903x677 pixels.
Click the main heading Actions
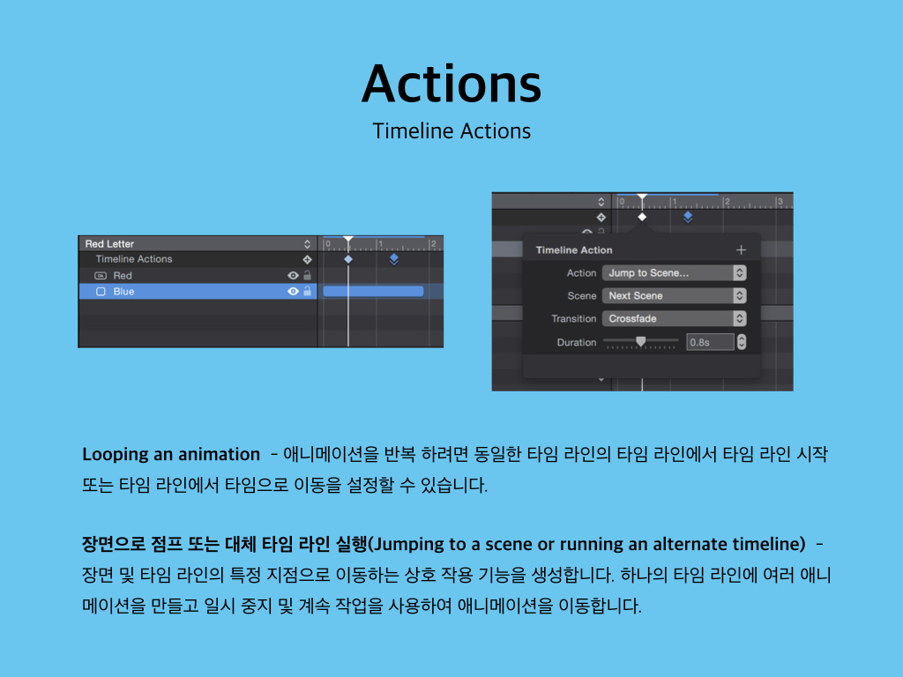[451, 84]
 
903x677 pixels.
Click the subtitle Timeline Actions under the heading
[451, 131]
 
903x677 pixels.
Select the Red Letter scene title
[109, 243]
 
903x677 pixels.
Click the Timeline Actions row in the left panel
[134, 259]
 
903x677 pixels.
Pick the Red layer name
[123, 276]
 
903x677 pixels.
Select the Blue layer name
[123, 291]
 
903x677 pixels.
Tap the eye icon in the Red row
[293, 276]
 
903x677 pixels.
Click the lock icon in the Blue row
[308, 291]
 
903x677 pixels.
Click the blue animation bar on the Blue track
[373, 291]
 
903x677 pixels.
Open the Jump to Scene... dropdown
[675, 273]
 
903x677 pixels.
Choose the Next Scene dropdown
[675, 296]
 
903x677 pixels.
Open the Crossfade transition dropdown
[675, 318]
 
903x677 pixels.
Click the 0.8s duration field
[710, 342]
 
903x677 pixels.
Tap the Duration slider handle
[640, 341]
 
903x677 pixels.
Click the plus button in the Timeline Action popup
[741, 249]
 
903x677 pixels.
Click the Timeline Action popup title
[574, 249]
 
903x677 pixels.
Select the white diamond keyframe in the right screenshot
[642, 217]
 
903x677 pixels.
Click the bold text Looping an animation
[171, 454]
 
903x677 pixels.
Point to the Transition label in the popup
[573, 318]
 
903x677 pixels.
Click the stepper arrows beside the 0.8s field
[742, 342]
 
